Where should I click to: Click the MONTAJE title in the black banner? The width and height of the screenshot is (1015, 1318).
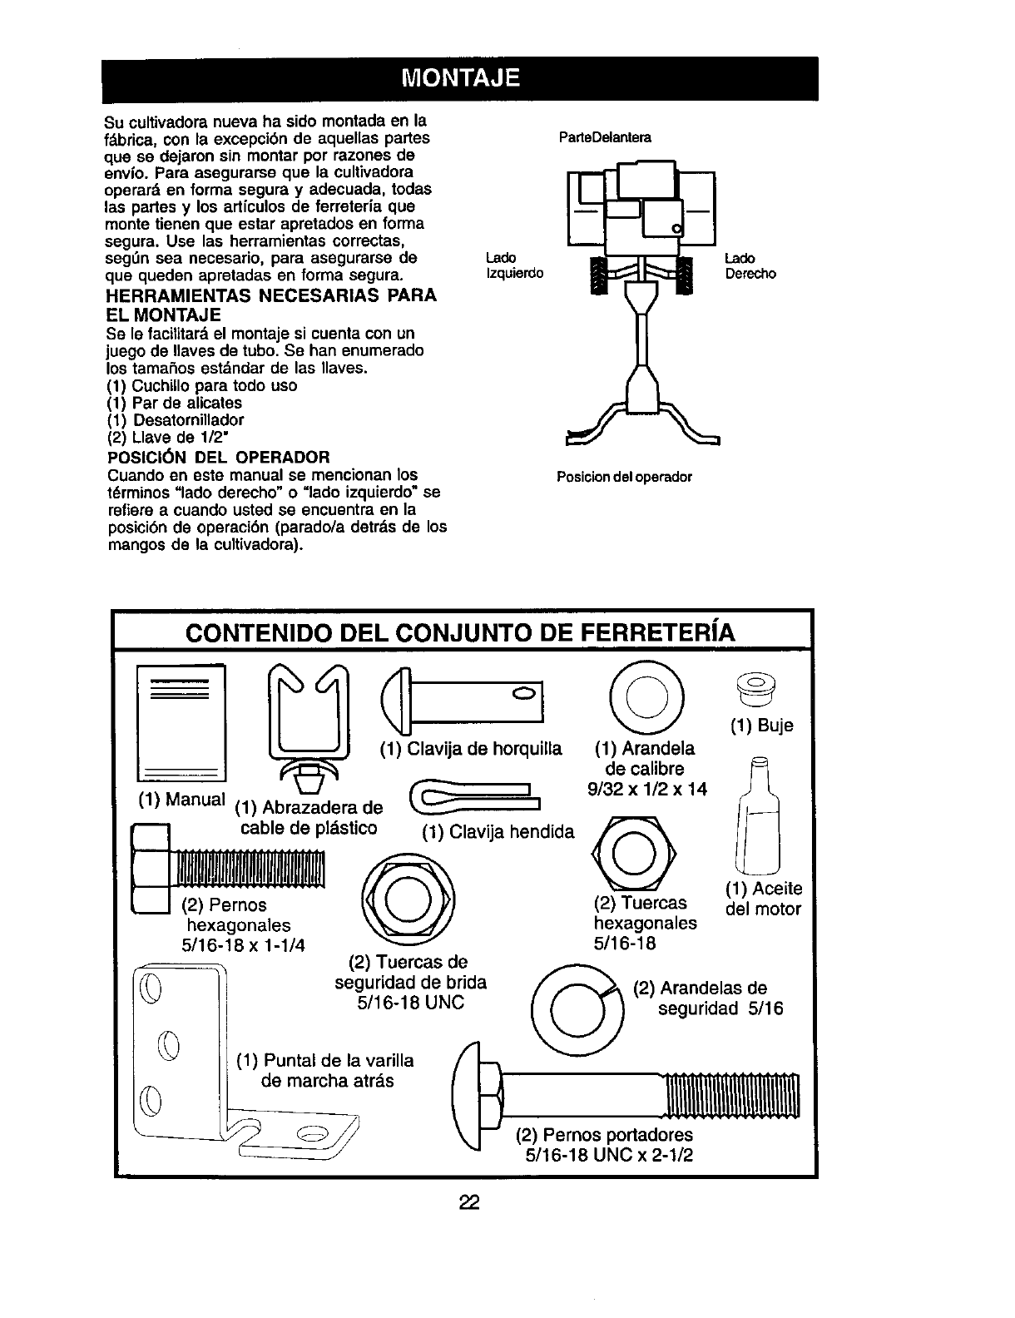pos(460,79)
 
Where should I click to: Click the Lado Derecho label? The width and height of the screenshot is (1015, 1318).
pos(750,265)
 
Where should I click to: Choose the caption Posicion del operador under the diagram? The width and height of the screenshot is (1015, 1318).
pos(624,478)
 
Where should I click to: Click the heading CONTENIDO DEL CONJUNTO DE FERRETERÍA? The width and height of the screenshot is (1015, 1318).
pos(461,633)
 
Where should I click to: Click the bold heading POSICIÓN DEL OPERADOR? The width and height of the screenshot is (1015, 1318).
pos(219,457)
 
